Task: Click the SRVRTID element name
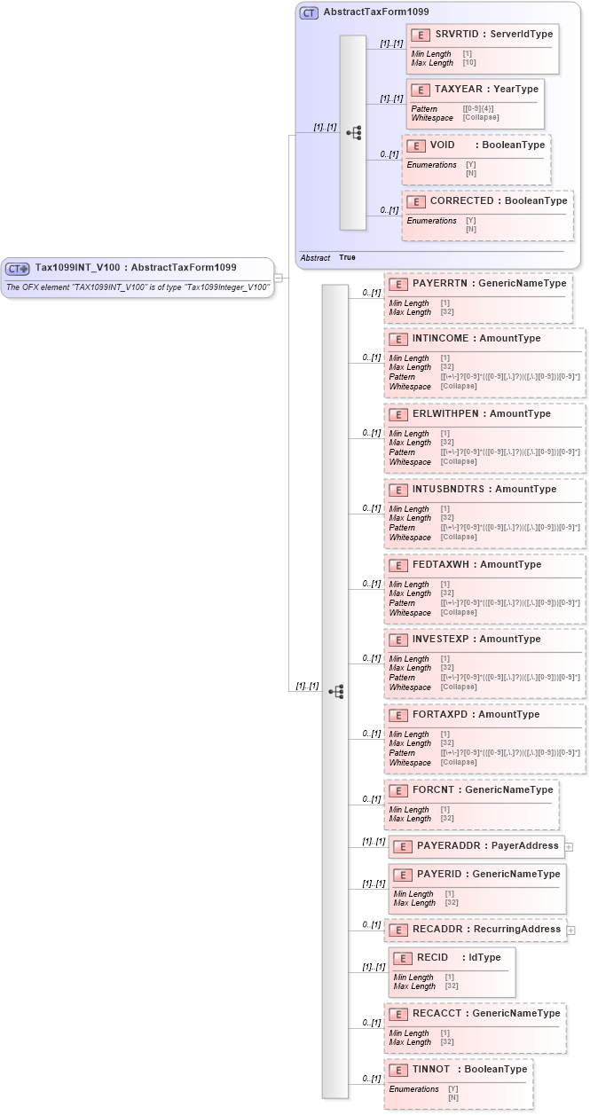[453, 34]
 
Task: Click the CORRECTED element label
[461, 201]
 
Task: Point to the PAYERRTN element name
[435, 284]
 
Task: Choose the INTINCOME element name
[437, 339]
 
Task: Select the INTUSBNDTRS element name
[442, 490]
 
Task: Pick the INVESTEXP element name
[436, 640]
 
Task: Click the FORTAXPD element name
[436, 715]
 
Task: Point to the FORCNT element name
[431, 790]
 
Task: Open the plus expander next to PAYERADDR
[570, 847]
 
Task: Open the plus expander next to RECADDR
[571, 930]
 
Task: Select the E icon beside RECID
[403, 958]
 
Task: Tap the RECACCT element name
[435, 1014]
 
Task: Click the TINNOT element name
[431, 1070]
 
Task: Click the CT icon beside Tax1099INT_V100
[19, 269]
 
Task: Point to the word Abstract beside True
[315, 257]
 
